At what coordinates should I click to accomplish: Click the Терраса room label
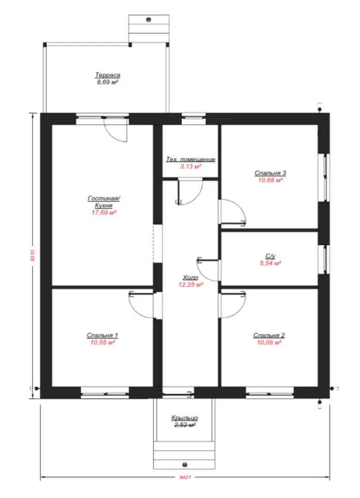pyautogui.click(x=108, y=75)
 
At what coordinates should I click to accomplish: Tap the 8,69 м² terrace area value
pyautogui.click(x=108, y=82)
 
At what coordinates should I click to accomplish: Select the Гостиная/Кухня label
pyautogui.click(x=104, y=202)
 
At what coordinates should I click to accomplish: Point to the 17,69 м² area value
pyautogui.click(x=104, y=213)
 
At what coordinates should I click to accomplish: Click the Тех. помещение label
pyautogui.click(x=191, y=160)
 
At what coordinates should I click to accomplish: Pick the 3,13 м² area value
pyautogui.click(x=191, y=166)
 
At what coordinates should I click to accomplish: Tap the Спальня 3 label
pyautogui.click(x=270, y=173)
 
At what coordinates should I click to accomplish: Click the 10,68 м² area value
pyautogui.click(x=270, y=180)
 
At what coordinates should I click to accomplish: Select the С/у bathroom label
pyautogui.click(x=270, y=256)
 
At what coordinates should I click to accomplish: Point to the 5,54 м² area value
pyautogui.click(x=270, y=263)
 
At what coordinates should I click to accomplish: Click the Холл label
pyautogui.click(x=191, y=278)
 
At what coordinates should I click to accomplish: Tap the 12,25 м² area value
pyautogui.click(x=191, y=285)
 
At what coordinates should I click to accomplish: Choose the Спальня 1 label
pyautogui.click(x=102, y=335)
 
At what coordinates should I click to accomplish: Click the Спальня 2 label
pyautogui.click(x=269, y=335)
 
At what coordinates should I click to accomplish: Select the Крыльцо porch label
pyautogui.click(x=185, y=418)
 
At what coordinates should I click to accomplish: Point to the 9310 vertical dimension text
pyautogui.click(x=32, y=255)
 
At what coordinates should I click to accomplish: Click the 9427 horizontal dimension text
pyautogui.click(x=185, y=477)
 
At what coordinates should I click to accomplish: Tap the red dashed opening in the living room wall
pyautogui.click(x=153, y=244)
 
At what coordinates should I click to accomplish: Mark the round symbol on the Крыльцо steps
pyautogui.click(x=185, y=465)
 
